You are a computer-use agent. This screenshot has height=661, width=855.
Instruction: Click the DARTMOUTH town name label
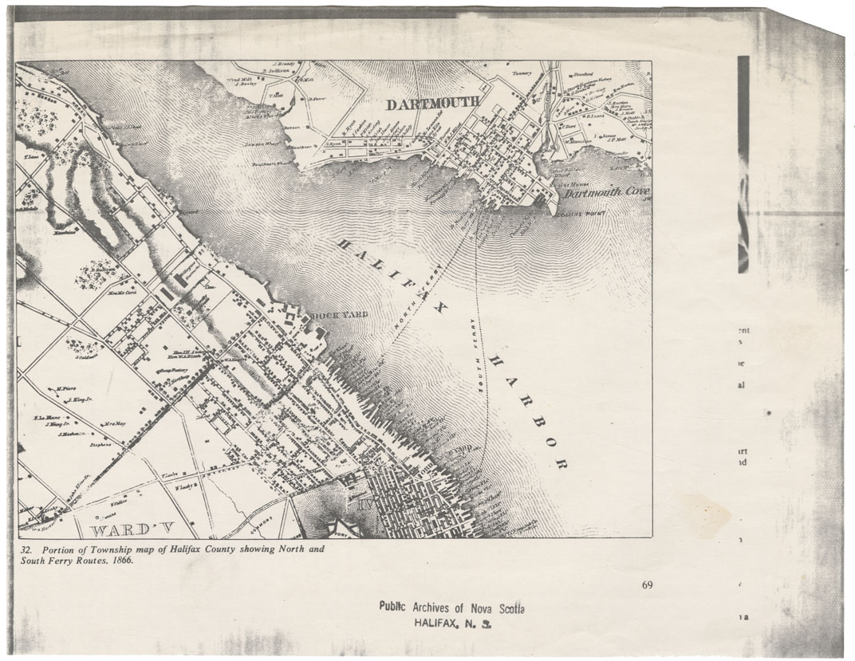coord(433,103)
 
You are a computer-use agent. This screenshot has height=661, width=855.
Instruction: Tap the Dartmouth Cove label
coord(605,193)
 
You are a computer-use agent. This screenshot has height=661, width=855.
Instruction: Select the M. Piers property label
coord(65,389)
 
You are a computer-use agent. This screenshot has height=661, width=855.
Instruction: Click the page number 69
coord(647,586)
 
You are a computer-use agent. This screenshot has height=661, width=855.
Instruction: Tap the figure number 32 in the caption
coord(26,549)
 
